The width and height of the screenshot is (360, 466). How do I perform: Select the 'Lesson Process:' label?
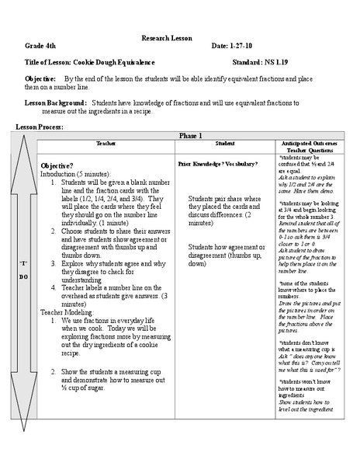tap(40, 126)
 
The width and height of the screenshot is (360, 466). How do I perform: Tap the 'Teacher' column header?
tap(106, 144)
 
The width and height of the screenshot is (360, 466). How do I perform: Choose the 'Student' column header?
tap(225, 144)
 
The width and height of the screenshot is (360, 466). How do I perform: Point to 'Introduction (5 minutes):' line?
tap(76, 175)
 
